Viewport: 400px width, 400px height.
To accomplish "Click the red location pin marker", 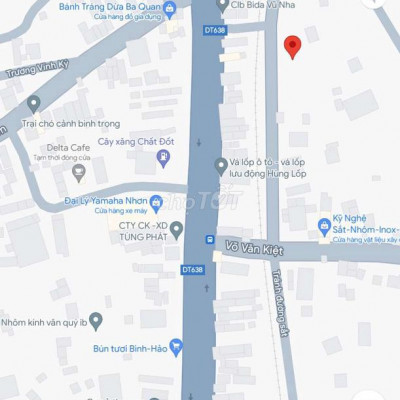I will click(292, 46).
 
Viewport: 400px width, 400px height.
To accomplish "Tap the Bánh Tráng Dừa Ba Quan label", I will click(110, 6).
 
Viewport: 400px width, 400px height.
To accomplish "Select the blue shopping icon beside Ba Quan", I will click(170, 10).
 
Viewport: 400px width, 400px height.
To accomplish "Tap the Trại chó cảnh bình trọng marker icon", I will click(33, 103).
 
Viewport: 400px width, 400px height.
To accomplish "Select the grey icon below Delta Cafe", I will click(79, 174).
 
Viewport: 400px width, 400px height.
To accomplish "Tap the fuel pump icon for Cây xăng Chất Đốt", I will click(162, 158).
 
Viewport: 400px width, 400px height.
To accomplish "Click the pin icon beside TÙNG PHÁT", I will click(177, 231).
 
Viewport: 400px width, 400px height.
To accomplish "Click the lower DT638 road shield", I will click(192, 270).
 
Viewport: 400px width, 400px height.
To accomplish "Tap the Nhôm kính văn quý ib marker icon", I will click(96, 321).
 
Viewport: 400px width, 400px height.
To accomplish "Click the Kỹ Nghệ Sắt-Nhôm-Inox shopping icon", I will click(324, 227).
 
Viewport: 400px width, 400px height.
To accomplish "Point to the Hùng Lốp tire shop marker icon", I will click(221, 165).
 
